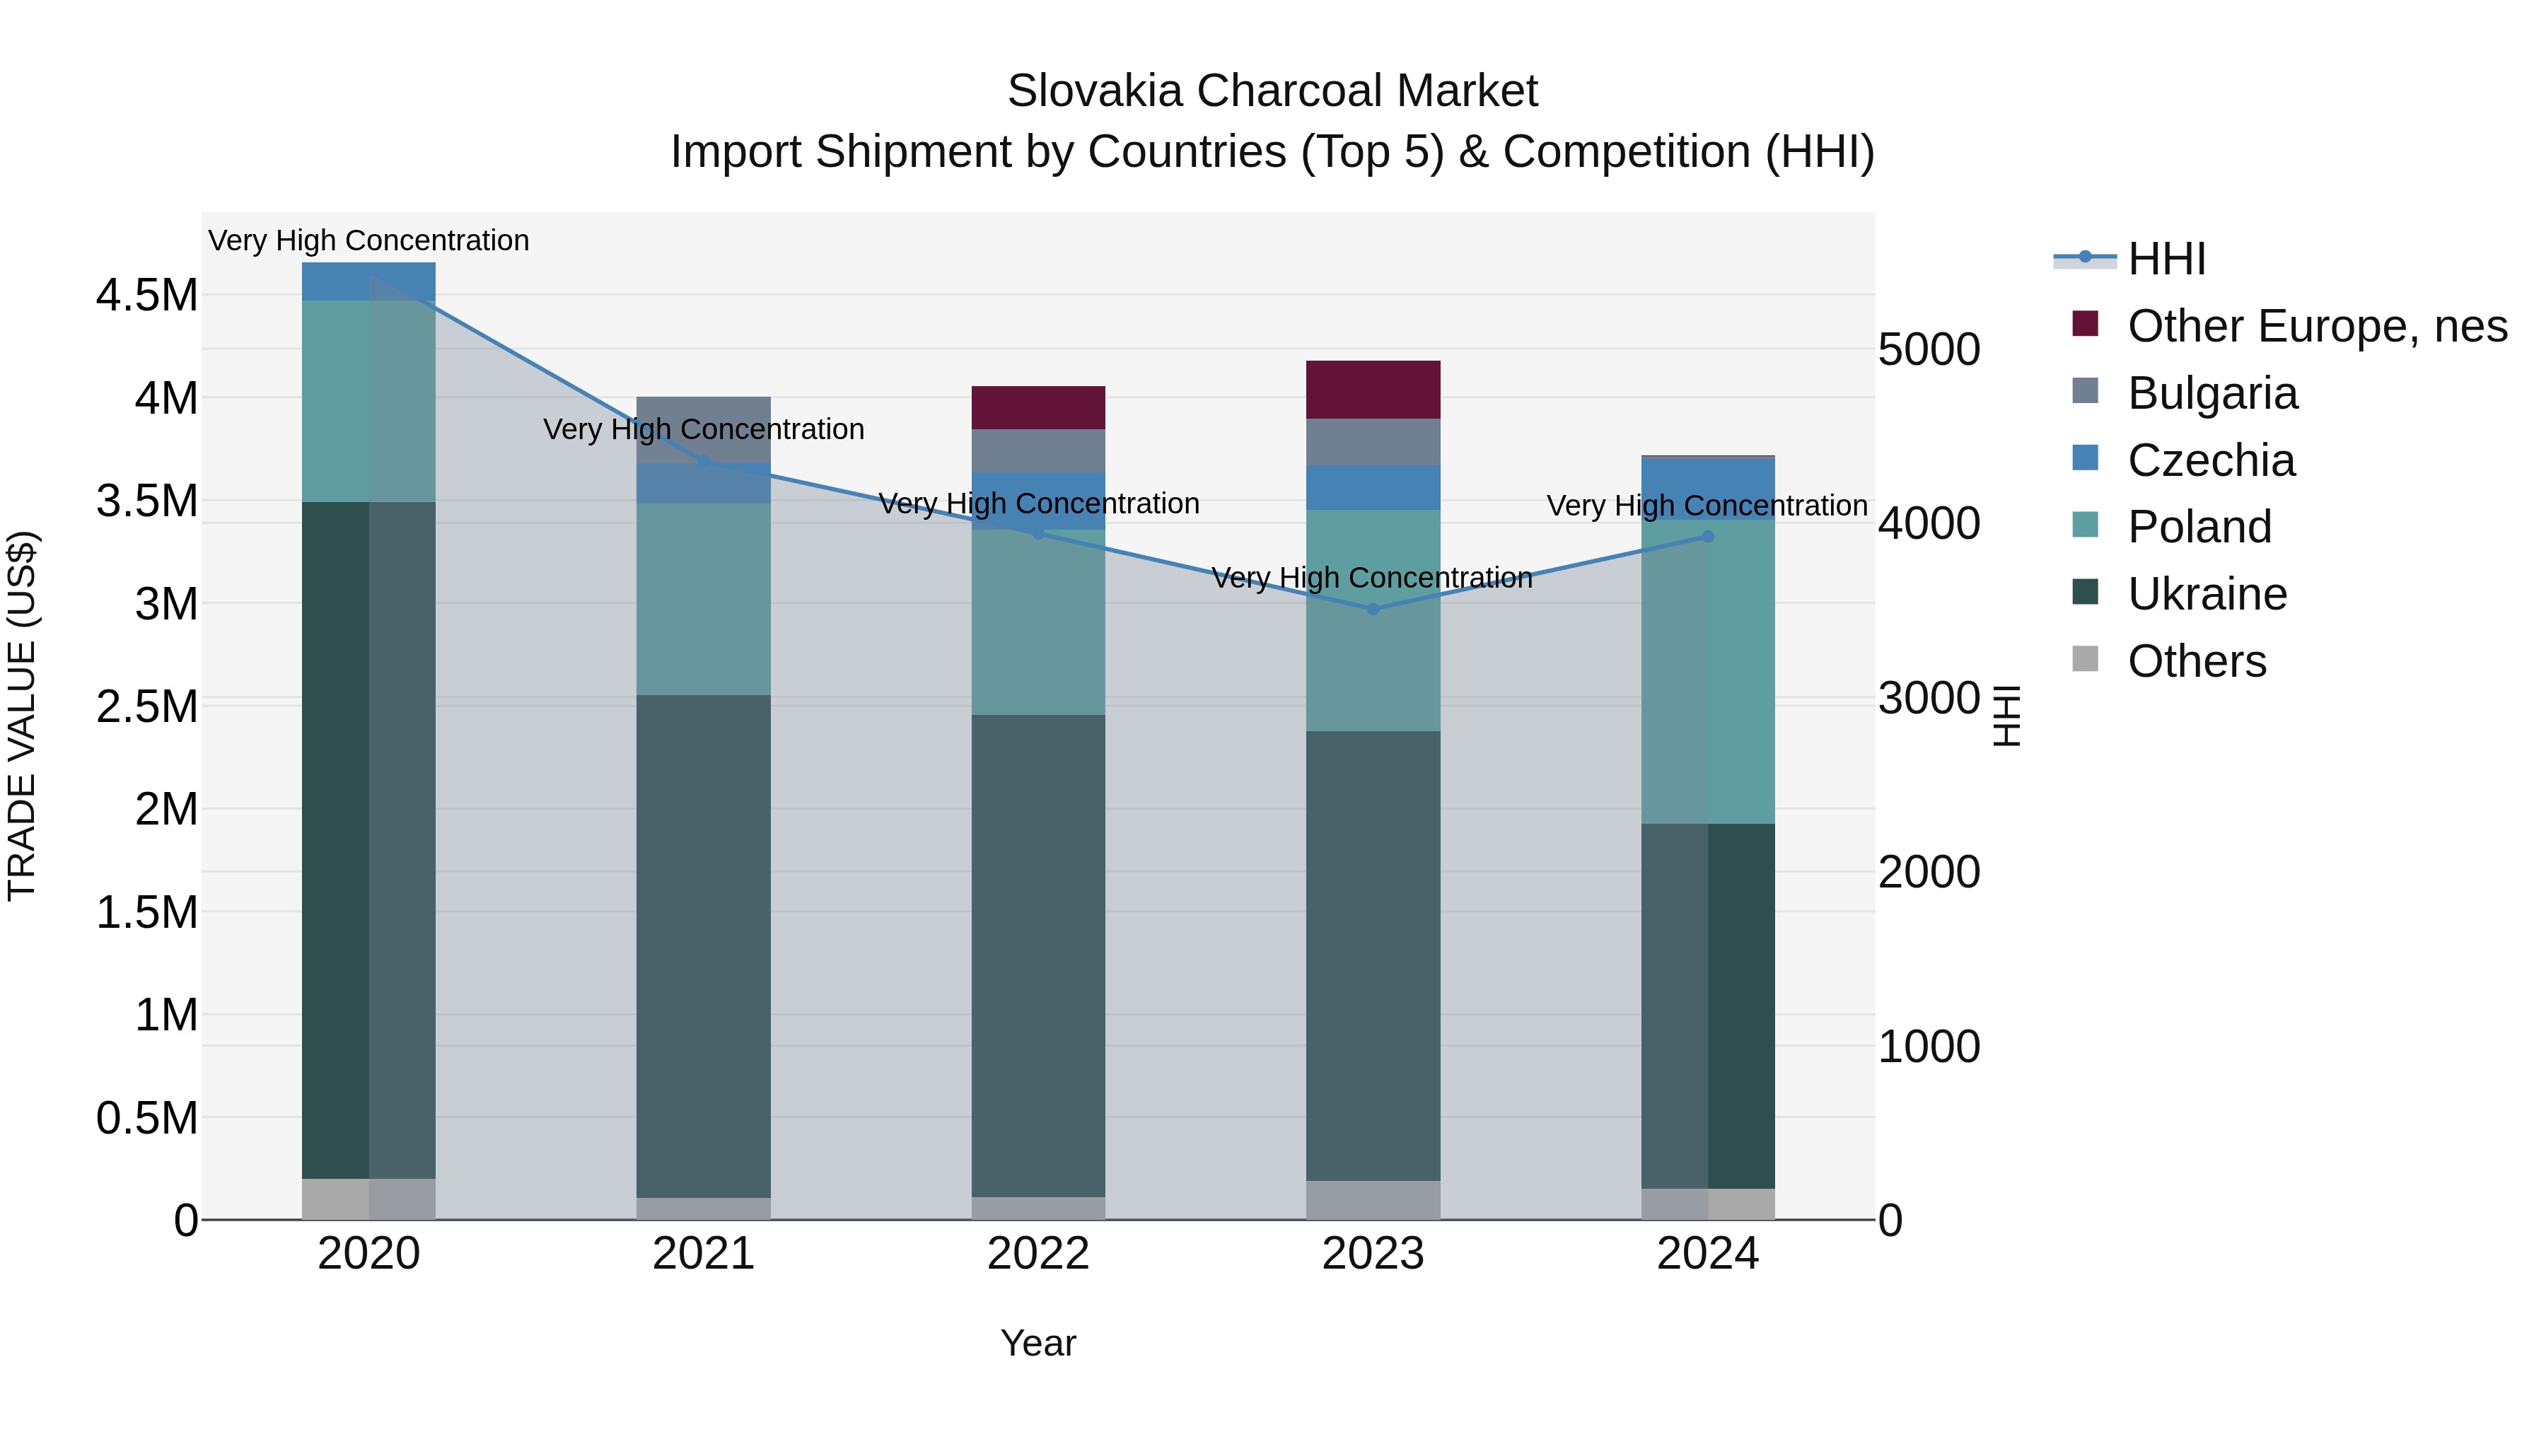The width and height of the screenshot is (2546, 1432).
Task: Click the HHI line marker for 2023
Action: click(1373, 609)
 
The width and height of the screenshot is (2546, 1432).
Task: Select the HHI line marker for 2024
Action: click(1708, 537)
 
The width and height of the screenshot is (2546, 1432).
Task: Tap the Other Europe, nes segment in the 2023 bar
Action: click(1373, 390)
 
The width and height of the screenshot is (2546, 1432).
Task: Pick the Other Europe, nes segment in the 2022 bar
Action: click(1037, 407)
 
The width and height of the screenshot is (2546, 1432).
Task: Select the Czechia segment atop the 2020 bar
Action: click(368, 281)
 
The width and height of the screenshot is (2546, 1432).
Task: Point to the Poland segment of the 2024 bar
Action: click(1708, 672)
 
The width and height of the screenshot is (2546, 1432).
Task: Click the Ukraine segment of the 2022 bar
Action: click(1037, 955)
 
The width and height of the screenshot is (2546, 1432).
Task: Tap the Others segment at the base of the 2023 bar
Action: click(1373, 1200)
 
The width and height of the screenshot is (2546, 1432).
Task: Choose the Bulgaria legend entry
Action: click(2212, 393)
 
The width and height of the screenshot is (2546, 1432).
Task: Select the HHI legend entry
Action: click(2166, 259)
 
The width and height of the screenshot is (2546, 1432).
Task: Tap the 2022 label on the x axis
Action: click(1037, 1254)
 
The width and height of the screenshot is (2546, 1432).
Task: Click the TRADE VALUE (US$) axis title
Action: click(22, 716)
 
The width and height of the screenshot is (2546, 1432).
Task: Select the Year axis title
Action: click(1037, 1343)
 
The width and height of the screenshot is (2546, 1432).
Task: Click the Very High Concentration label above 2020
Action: click(368, 240)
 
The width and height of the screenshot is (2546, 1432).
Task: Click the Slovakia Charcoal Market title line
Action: click(1272, 91)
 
